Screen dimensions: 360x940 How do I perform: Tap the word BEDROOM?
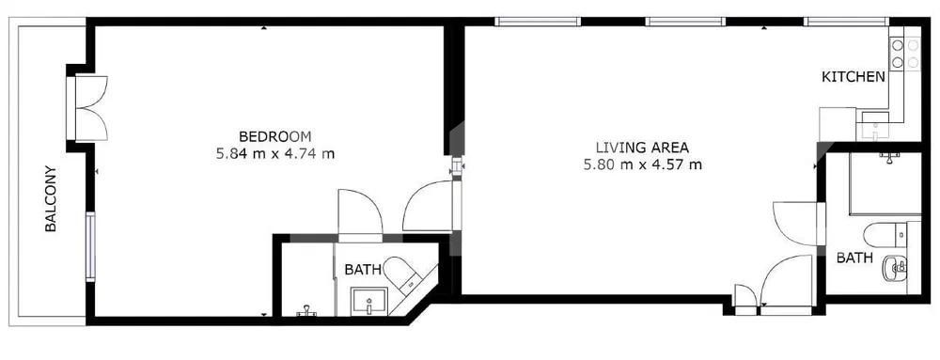(x=274, y=135)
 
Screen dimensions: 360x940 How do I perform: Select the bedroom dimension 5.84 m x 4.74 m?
(x=274, y=153)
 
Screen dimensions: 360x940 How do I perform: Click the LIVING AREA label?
(x=642, y=148)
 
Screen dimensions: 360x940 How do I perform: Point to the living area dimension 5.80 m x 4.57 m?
(x=642, y=165)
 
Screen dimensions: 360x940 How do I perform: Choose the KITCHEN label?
(x=853, y=77)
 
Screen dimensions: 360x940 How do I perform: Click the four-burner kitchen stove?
(x=905, y=54)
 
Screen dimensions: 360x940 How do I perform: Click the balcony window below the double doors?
(x=90, y=246)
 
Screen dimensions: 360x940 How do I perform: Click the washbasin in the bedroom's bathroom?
(x=369, y=302)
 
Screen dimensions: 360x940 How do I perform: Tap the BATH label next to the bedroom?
(x=362, y=270)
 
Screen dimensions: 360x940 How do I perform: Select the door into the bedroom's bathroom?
(x=359, y=214)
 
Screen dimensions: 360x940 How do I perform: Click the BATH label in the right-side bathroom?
(x=854, y=258)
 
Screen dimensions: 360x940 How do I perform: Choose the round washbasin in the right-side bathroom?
(x=894, y=270)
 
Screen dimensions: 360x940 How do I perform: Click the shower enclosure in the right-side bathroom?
(x=885, y=183)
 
